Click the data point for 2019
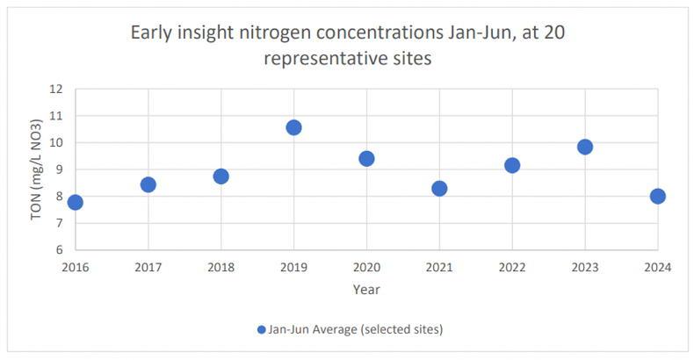click(293, 127)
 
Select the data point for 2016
click(76, 202)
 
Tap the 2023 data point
click(585, 147)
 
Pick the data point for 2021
click(439, 188)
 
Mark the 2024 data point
click(657, 196)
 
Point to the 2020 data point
click(366, 158)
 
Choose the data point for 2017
click(148, 184)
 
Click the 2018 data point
click(221, 176)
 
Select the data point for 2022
click(512, 165)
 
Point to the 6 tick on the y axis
click(59, 250)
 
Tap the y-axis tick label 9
click(59, 169)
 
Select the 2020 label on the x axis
click(366, 267)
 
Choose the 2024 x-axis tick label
click(657, 267)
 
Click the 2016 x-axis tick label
click(76, 267)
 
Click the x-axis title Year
click(366, 289)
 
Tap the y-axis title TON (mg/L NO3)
click(37, 169)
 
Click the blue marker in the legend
click(261, 329)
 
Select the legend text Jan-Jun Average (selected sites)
click(355, 329)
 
